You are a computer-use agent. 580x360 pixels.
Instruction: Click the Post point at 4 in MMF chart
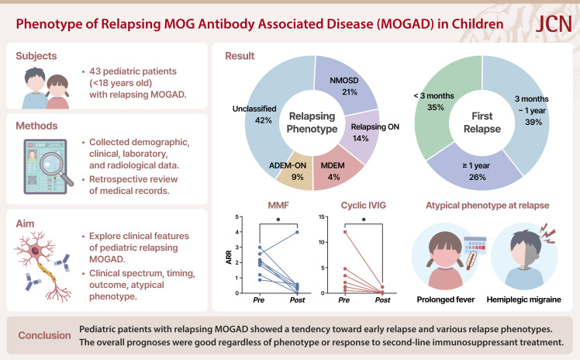[x=296, y=232]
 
